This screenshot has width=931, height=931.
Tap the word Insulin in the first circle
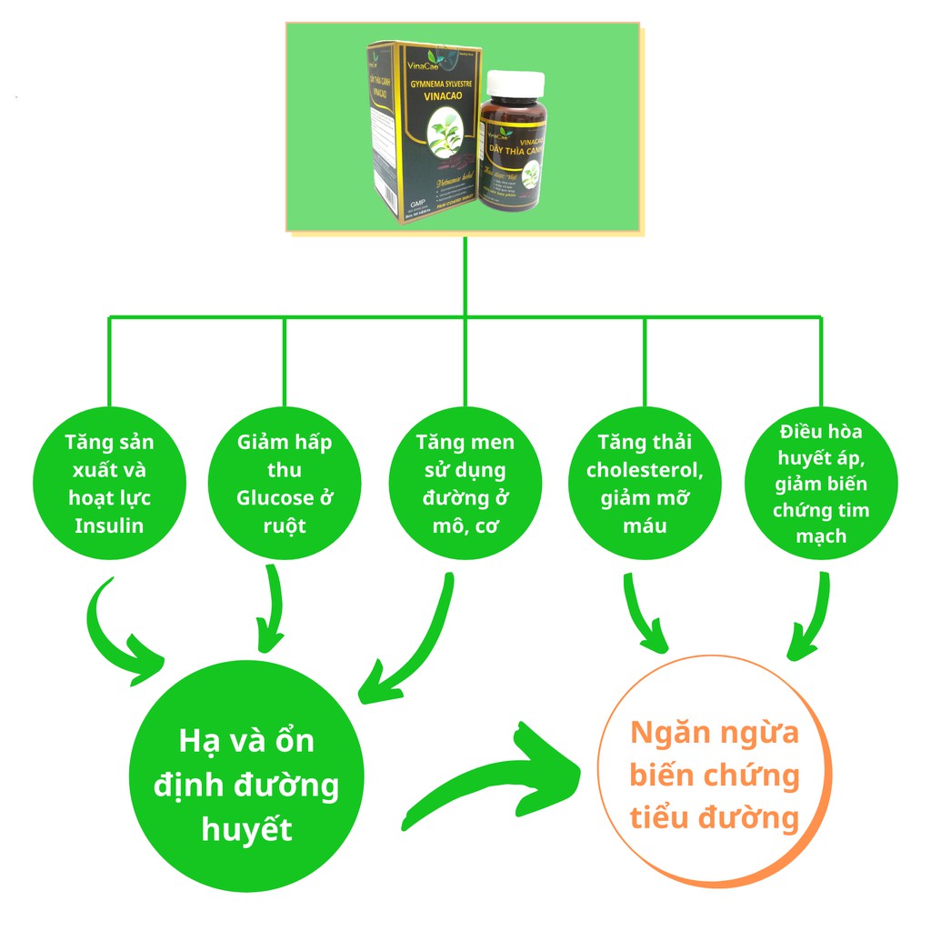pos(109,526)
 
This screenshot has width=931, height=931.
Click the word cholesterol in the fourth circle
pos(645,470)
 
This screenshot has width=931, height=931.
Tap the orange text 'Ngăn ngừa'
pos(715,733)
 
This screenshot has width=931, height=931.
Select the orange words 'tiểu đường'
pos(715,817)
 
